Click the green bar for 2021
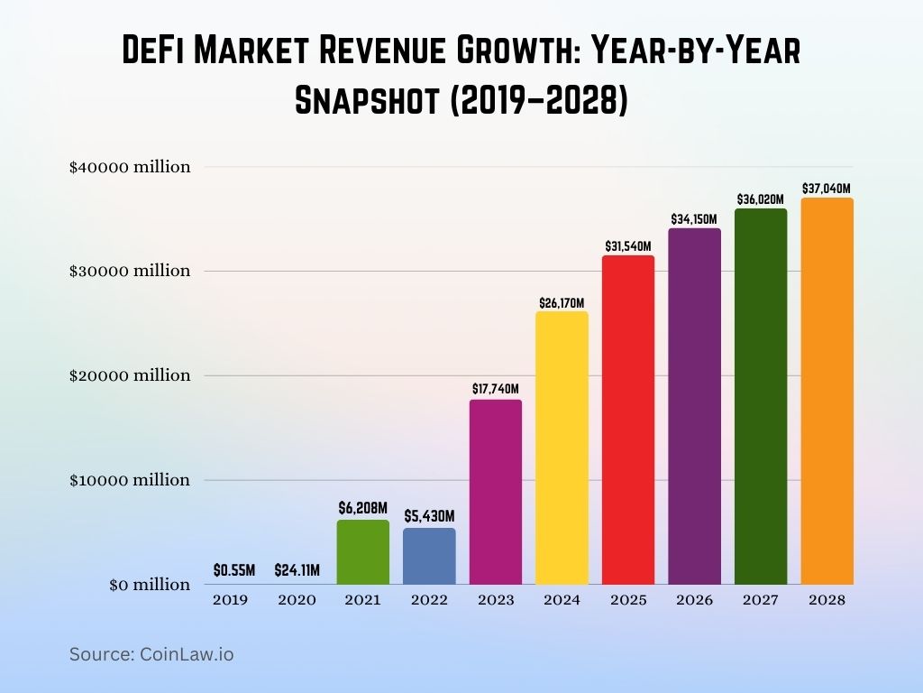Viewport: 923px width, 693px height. pyautogui.click(x=362, y=551)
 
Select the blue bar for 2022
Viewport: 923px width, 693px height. pyautogui.click(x=429, y=556)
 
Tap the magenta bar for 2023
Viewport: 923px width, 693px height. pyautogui.click(x=495, y=492)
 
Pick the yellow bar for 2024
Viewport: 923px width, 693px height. pyautogui.click(x=562, y=448)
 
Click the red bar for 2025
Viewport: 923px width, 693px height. pyautogui.click(x=628, y=420)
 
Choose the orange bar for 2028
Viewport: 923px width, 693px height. pyautogui.click(x=827, y=391)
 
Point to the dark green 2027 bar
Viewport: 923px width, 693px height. pyautogui.click(x=761, y=396)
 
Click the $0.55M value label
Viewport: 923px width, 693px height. pyautogui.click(x=234, y=570)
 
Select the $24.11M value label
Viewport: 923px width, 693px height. pyautogui.click(x=297, y=570)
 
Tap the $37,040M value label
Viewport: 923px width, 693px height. pyautogui.click(x=827, y=189)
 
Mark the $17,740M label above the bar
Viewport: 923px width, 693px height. pyautogui.click(x=495, y=389)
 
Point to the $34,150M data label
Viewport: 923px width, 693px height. pyautogui.click(x=694, y=219)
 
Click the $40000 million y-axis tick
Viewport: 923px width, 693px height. pyautogui.click(x=130, y=167)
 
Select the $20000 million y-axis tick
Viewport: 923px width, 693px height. pyautogui.click(x=130, y=375)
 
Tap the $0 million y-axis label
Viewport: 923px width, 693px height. pyautogui.click(x=150, y=585)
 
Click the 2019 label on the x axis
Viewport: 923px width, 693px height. pyautogui.click(x=230, y=600)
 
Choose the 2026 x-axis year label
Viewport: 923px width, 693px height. pyautogui.click(x=694, y=600)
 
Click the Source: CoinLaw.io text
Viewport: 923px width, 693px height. pyautogui.click(x=151, y=654)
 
